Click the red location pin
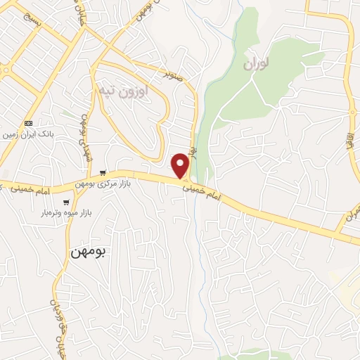coord(181,165)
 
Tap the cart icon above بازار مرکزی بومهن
coord(103,173)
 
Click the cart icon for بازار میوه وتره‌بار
coord(66,202)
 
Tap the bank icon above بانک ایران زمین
coord(27,122)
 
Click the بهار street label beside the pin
coord(196,149)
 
